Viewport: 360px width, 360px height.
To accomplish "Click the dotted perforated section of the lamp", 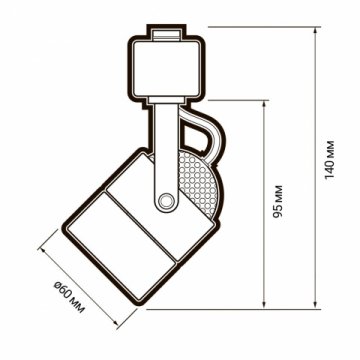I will (x=201, y=185).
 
